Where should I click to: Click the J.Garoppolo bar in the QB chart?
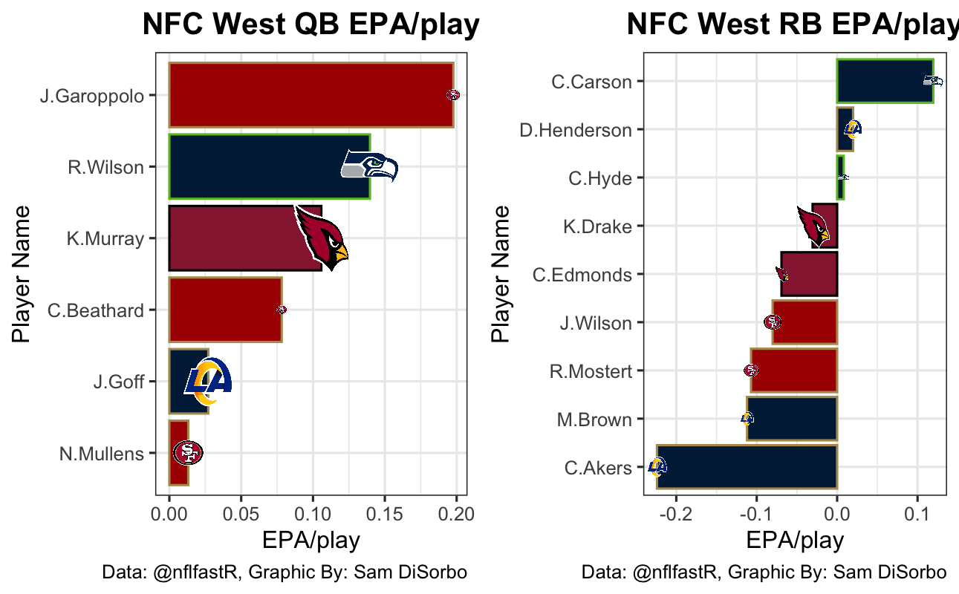tap(311, 95)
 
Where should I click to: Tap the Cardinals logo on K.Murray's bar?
tap(321, 236)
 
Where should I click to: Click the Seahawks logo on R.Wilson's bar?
tap(369, 166)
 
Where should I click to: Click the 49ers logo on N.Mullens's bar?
tap(187, 452)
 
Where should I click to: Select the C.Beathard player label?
tap(96, 310)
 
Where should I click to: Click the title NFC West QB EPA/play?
tap(311, 25)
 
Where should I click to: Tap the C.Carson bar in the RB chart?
tap(884, 81)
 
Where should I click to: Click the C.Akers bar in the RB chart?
tap(747, 467)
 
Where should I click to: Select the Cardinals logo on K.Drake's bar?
tap(814, 226)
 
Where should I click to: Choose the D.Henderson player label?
tap(576, 130)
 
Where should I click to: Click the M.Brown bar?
tap(792, 419)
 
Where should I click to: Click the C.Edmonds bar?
tap(809, 274)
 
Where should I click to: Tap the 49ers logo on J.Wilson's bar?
tap(773, 322)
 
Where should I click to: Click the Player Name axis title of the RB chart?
tap(503, 275)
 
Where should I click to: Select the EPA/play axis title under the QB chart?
tap(311, 541)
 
